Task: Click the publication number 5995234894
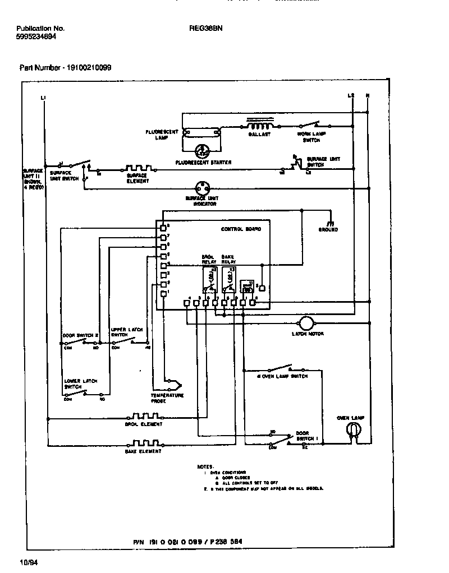coord(36,36)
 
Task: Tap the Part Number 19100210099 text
coord(66,67)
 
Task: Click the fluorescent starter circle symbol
coord(201,150)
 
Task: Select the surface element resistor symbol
coord(137,168)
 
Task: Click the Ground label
coord(328,230)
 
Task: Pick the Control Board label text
coord(237,229)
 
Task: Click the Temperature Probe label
coord(166,398)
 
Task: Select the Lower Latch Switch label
coord(81,384)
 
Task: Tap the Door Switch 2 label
coord(80,335)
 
